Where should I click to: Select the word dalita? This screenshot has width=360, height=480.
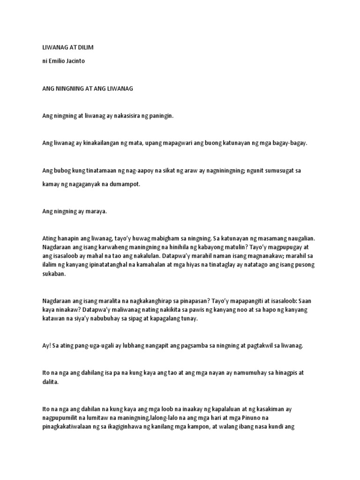coord(51,382)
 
